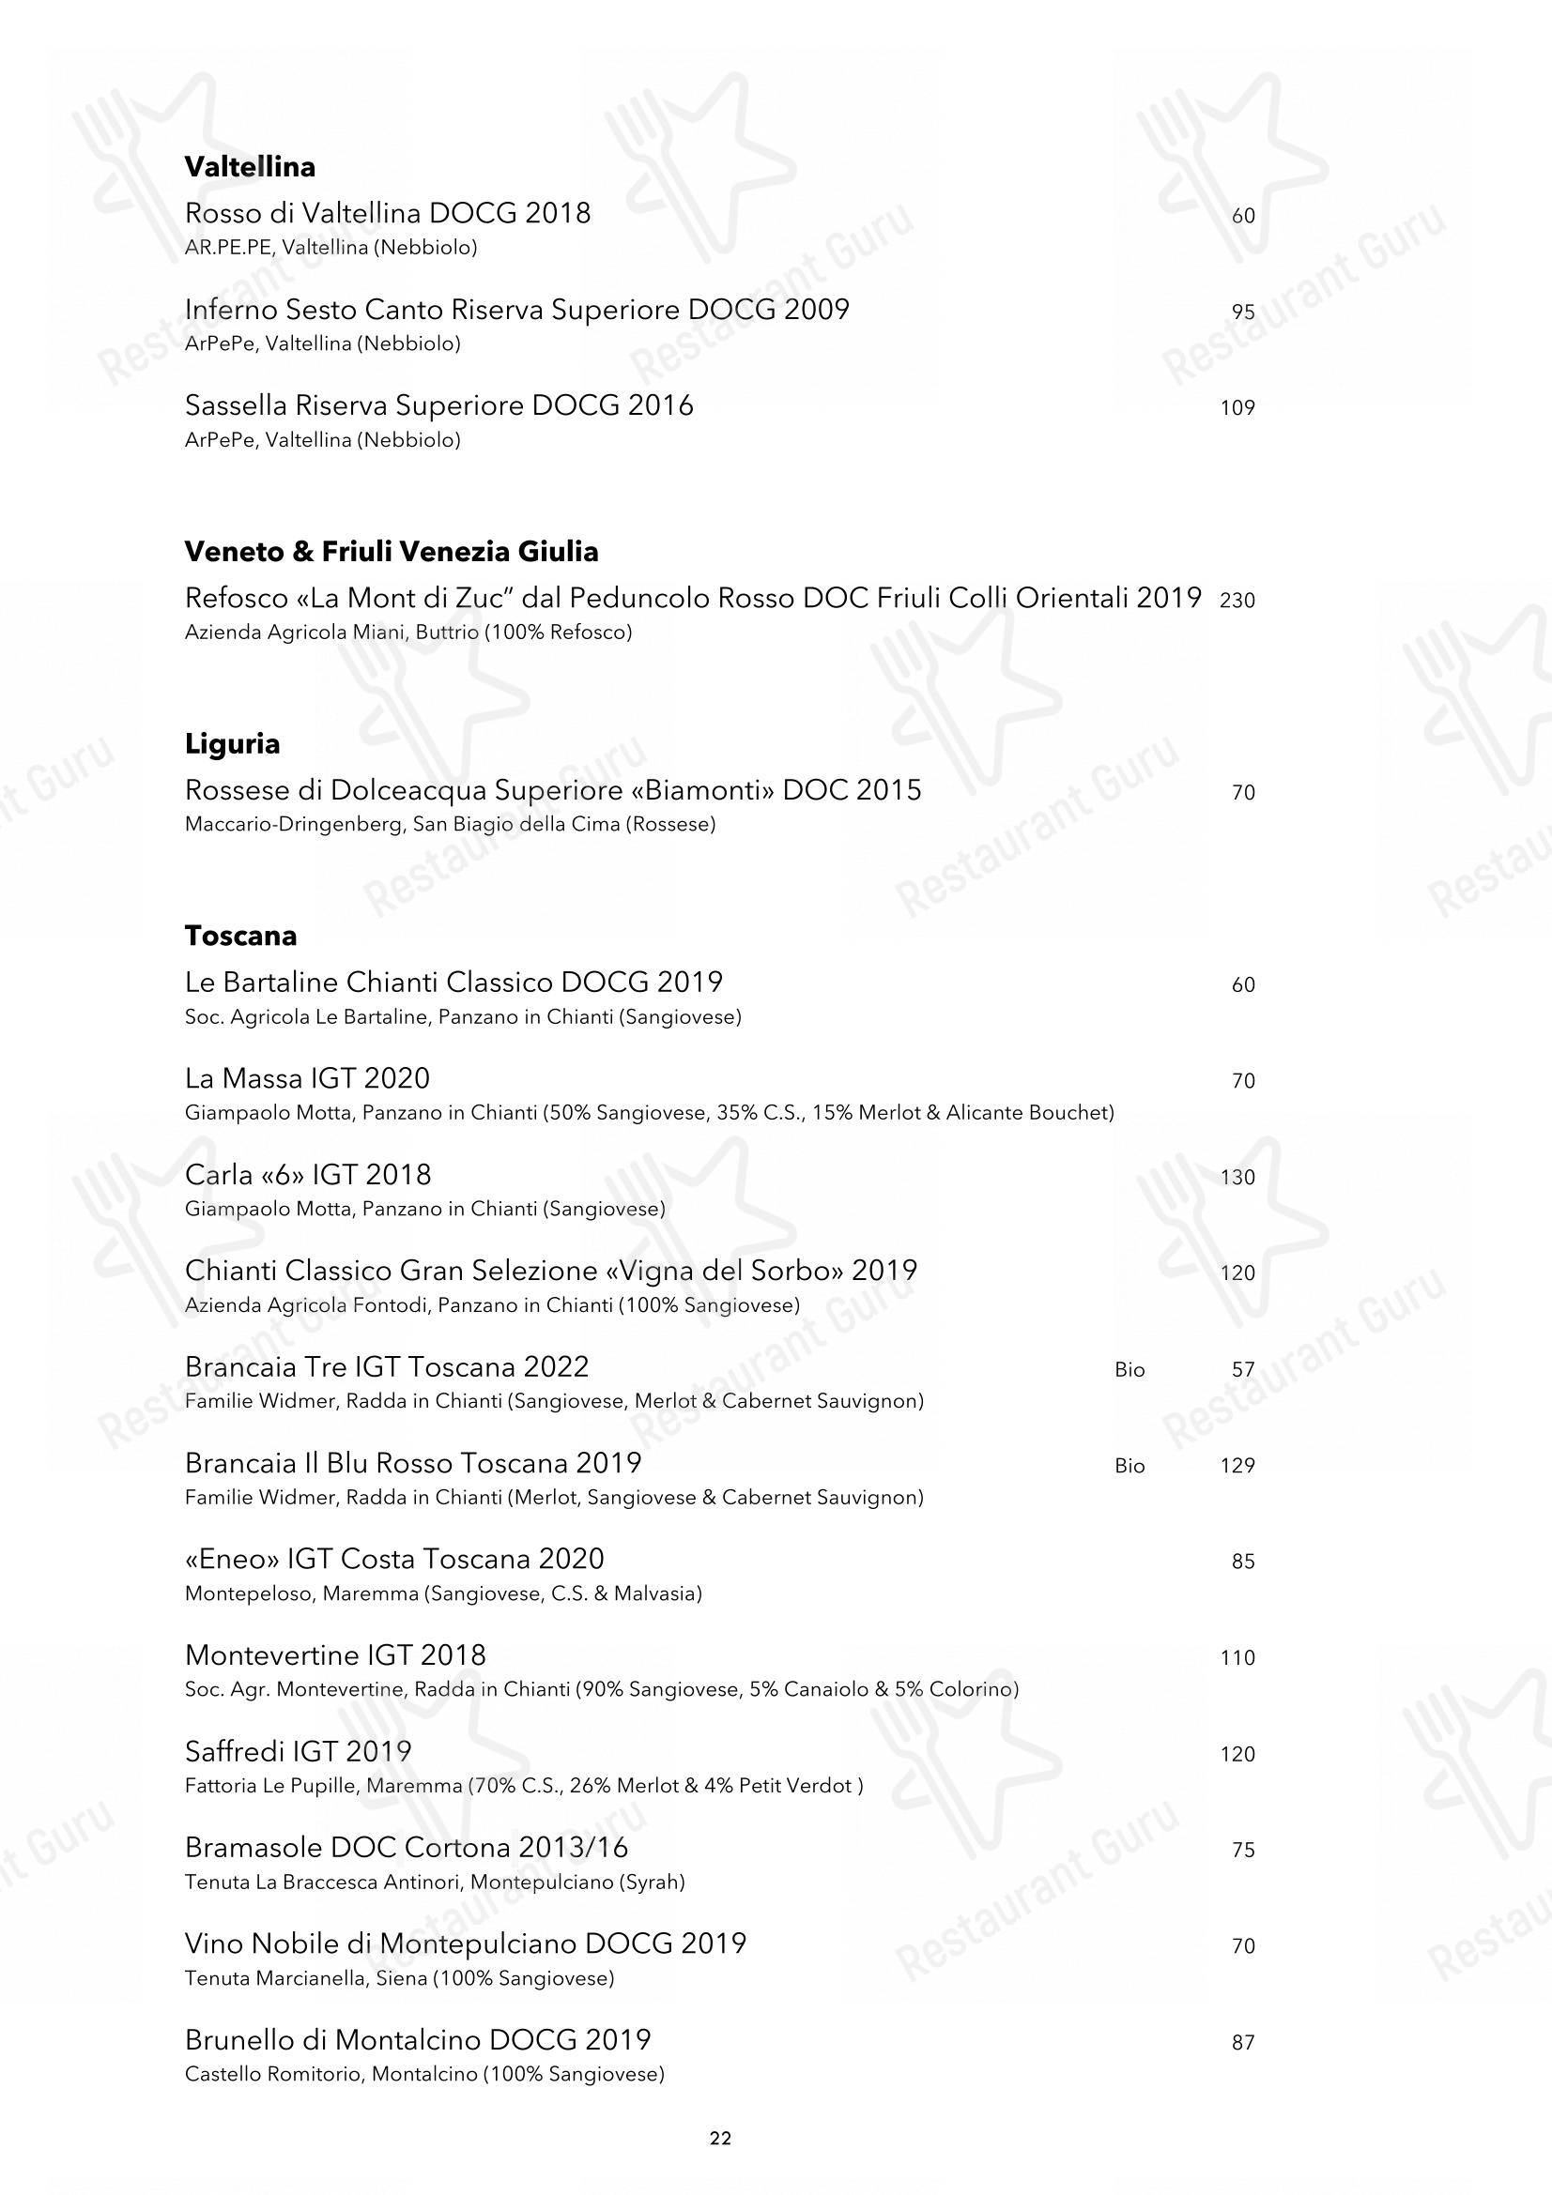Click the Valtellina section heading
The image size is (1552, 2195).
250,167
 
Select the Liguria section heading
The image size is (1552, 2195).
232,744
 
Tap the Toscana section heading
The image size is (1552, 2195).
241,936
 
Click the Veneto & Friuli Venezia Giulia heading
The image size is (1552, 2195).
392,552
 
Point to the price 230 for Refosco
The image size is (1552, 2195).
1237,601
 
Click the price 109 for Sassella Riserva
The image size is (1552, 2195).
1237,408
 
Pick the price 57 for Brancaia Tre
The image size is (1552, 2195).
1242,1370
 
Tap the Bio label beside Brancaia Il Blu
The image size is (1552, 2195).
1129,1466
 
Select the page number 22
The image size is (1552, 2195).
720,2139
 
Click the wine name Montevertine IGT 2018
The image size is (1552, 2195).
335,1654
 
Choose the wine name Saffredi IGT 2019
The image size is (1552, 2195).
299,1751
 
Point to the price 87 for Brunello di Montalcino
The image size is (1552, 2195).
1242,2042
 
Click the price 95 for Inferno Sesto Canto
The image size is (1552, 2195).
1242,312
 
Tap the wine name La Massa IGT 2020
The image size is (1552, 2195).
307,1078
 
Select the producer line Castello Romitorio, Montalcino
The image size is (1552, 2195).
424,2074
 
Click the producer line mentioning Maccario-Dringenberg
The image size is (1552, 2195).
450,824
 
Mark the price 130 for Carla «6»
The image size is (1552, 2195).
1237,1178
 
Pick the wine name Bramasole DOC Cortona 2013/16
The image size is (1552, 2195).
407,1847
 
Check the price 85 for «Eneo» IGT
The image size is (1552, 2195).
1242,1562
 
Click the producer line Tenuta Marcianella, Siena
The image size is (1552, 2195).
399,1978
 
